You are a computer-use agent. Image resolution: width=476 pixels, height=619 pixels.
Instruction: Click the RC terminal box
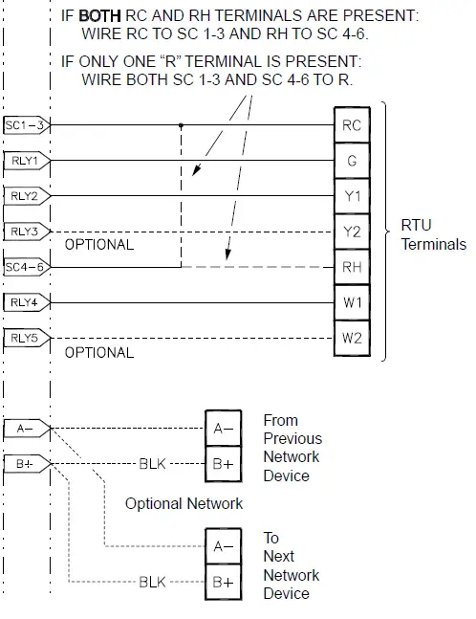click(352, 125)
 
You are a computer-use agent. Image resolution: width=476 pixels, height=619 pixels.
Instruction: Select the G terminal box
click(352, 161)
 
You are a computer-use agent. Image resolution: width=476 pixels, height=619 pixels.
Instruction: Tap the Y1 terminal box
click(352, 196)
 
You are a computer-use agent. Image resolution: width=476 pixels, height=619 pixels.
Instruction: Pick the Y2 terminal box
click(352, 232)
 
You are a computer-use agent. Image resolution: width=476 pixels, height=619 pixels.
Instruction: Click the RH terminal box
click(352, 267)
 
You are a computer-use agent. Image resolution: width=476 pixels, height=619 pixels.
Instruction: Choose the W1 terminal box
click(352, 302)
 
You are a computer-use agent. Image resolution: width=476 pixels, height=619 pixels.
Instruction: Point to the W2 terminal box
click(352, 338)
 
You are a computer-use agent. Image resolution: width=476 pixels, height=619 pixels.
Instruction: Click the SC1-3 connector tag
click(26, 125)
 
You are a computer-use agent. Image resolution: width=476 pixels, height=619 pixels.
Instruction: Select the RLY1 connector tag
click(26, 161)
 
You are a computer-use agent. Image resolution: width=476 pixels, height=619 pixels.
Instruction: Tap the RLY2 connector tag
click(26, 196)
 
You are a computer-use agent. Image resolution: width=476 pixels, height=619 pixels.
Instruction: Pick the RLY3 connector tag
click(26, 232)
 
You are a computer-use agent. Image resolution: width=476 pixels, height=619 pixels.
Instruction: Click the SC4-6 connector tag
click(26, 267)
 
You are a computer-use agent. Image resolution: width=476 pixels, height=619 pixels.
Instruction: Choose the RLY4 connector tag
click(26, 302)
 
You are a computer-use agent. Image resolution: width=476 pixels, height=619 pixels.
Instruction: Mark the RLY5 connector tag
click(26, 338)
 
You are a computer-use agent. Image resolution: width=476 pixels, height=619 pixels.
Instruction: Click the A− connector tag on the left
click(26, 429)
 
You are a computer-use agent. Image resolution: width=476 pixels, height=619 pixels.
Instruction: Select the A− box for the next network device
click(223, 546)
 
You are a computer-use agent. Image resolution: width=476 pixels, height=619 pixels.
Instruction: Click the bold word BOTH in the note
click(97, 16)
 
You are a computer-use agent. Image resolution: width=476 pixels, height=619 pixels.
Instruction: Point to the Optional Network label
click(184, 503)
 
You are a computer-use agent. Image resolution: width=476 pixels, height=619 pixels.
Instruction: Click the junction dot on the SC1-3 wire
click(181, 125)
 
